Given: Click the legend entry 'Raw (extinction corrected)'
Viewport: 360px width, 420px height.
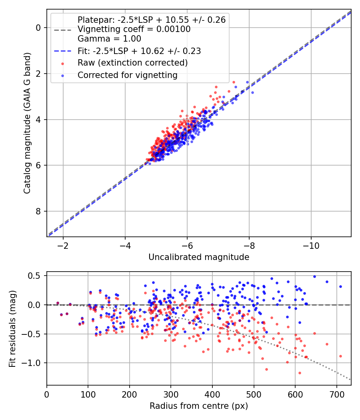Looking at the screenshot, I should point(132,63).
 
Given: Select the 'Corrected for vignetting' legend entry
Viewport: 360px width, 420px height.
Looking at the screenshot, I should point(127,75).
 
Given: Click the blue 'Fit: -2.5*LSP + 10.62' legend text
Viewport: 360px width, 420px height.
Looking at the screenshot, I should point(139,51).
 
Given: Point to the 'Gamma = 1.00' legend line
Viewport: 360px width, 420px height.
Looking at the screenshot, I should point(109,39).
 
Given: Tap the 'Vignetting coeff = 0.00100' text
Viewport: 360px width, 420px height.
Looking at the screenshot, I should point(134,29).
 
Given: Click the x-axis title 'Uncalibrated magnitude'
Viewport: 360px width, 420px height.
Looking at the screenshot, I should point(199,257).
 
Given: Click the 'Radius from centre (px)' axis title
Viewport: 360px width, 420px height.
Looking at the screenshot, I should point(199,406).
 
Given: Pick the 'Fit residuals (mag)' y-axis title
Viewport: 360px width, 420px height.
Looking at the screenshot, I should point(13,328).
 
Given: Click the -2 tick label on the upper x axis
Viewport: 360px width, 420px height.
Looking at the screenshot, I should point(63,246).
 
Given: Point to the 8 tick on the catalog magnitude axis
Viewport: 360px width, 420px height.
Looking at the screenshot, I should point(39,211).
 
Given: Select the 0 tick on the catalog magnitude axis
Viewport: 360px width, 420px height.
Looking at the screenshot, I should point(39,28).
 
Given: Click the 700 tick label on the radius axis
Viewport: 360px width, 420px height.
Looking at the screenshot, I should point(336,394).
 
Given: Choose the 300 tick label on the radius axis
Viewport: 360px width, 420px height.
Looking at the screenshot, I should point(171,394).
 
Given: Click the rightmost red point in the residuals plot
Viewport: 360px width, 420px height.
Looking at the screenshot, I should point(340,356).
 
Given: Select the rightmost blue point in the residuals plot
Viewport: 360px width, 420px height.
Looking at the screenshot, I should point(340,286).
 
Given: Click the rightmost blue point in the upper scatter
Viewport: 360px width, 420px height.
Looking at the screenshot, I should point(252,92).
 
